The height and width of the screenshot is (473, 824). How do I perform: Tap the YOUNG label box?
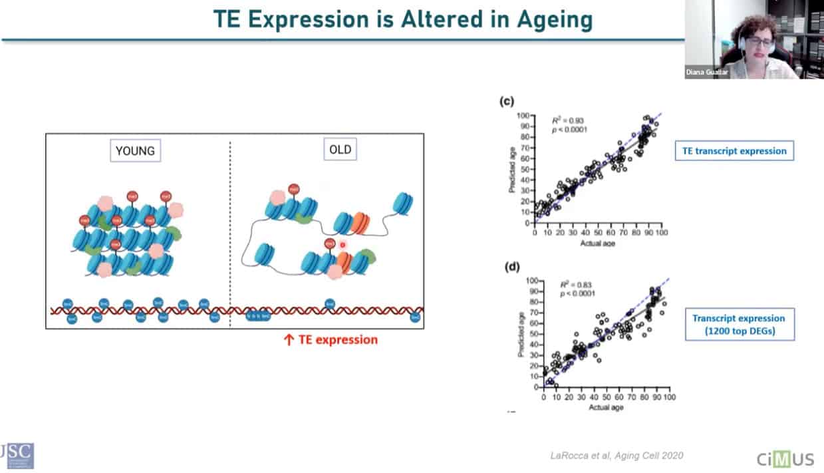135,151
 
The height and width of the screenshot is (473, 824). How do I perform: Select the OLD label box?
339,150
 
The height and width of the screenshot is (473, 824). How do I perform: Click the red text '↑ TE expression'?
331,340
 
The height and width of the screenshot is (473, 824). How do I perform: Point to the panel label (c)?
506,102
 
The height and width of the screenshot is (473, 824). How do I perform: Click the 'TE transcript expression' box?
734,151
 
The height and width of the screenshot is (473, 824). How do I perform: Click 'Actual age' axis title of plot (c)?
597,243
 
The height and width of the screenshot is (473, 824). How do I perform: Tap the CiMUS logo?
785,458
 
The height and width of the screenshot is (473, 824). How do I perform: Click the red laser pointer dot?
343,245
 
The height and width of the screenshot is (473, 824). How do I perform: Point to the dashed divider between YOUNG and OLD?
230,233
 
